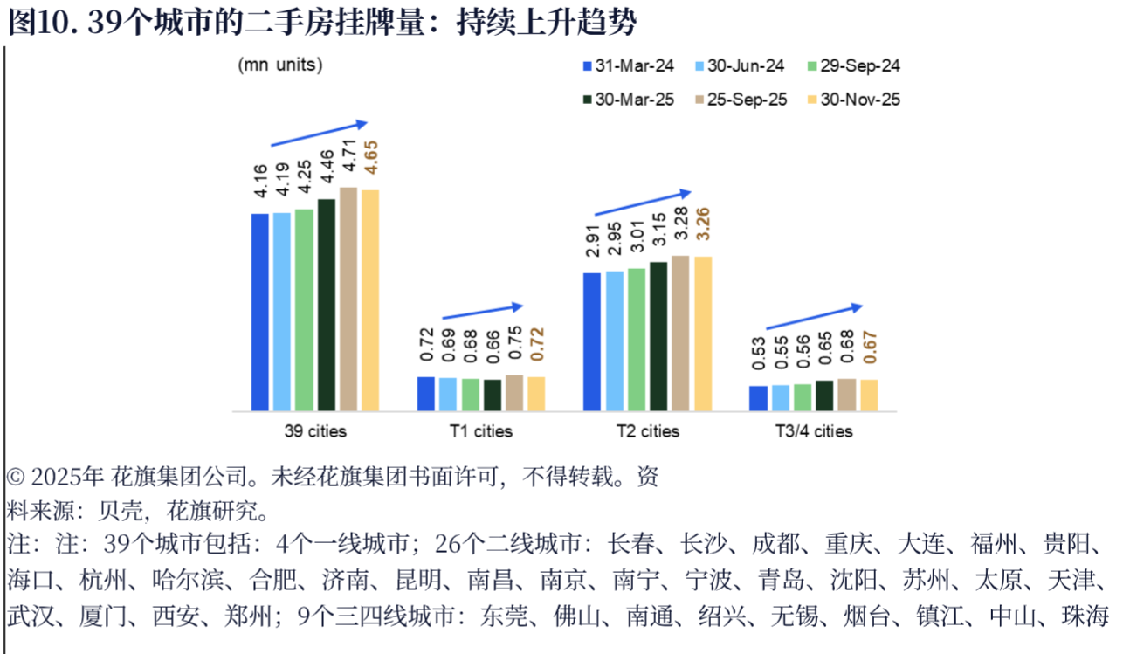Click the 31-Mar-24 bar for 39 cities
coord(259,312)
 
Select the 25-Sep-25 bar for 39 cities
coord(348,299)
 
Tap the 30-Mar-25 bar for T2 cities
coord(658,336)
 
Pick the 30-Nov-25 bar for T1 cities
coord(536,394)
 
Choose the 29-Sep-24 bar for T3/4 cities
coord(803,397)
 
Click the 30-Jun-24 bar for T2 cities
coord(614,341)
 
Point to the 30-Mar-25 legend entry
coord(627,100)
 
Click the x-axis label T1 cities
coord(481,431)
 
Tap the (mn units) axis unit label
coord(279,65)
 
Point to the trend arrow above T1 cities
coord(482,311)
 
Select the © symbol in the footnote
coord(16,478)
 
